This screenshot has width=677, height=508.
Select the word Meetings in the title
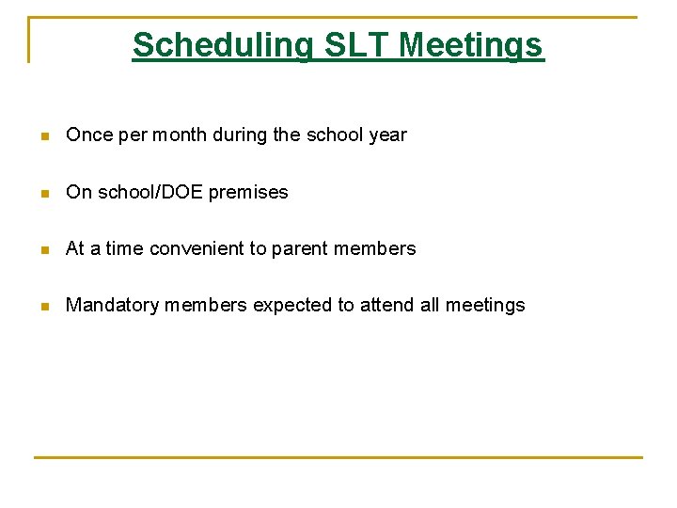pyautogui.click(x=471, y=45)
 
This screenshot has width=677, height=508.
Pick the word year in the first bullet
pyautogui.click(x=387, y=135)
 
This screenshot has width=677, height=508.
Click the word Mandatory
pyautogui.click(x=107, y=305)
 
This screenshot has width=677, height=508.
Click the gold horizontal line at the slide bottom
pyautogui.click(x=338, y=458)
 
